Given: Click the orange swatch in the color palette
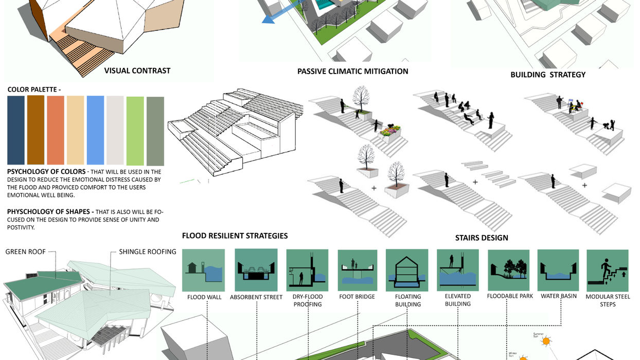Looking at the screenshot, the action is coord(56,130).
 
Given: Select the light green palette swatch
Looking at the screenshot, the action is coord(135,131).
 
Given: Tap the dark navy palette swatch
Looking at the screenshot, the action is coord(16,130).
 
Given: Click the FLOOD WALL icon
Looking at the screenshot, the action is coord(203,270).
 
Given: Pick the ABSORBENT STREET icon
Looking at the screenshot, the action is coord(256,270).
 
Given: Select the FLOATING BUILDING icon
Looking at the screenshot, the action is coord(407,270).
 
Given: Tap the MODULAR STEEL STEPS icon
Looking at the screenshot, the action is coord(608,271).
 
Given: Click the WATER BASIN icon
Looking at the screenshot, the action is coord(558,270).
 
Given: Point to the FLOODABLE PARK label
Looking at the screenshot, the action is coord(510,296).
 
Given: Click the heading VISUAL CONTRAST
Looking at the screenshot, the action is coord(137,70).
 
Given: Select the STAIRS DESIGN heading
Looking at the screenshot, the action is coord(482,238).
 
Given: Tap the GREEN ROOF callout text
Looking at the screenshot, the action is coord(25,252).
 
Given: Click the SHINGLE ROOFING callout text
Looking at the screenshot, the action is coord(148,252).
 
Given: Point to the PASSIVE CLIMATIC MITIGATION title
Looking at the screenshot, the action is coord(353,71).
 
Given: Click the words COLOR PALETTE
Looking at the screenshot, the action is coord(34,89).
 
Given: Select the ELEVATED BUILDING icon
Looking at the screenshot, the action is coord(457,270).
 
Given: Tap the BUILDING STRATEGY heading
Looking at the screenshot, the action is coord(548,75).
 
